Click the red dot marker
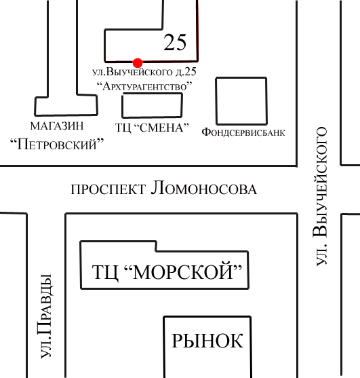coord(138,63)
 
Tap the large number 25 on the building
coord(175,43)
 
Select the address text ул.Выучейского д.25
coord(144,72)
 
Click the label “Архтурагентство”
coord(144,86)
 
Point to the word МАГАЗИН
coord(57,126)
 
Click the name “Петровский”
coord(57,144)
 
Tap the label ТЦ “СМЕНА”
coord(152,128)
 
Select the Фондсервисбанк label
coord(243,132)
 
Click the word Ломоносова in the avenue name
coord(204,188)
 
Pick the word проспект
coord(108,189)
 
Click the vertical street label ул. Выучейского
coord(321,196)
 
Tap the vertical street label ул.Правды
coord(45,316)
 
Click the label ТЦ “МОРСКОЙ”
coord(167,271)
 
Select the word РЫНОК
coord(207,341)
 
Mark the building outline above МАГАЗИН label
coord(35,106)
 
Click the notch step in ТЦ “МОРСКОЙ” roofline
coord(156,246)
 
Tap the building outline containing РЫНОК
coord(164,347)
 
